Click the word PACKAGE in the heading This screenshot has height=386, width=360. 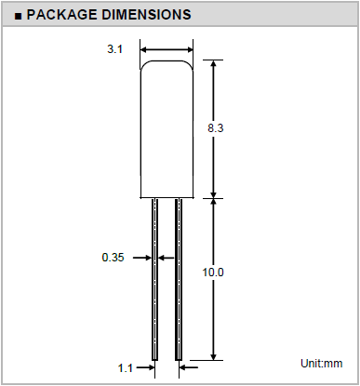(61, 15)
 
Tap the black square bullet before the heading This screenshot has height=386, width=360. (19, 16)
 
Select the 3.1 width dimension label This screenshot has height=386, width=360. (114, 49)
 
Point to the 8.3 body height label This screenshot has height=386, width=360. (215, 127)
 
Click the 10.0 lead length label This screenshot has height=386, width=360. (213, 273)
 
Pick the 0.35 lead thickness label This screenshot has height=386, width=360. (113, 258)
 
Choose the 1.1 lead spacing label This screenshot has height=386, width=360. (126, 368)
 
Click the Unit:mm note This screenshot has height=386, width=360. (322, 364)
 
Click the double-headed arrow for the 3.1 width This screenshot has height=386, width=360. (167, 49)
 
